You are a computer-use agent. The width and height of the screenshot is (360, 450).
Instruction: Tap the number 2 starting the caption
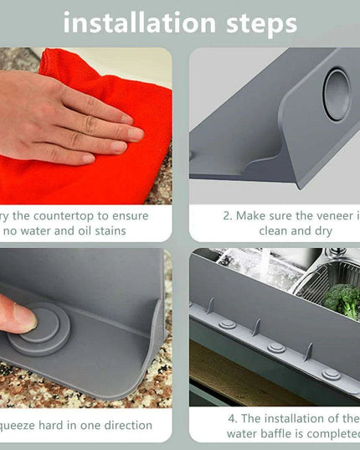pos(226,215)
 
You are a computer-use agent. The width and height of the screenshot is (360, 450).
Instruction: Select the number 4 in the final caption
pos(229,417)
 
